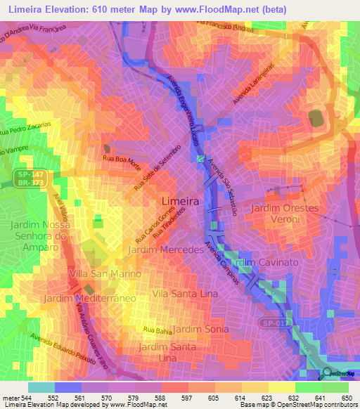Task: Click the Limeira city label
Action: pos(180,201)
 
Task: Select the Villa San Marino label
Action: pos(105,273)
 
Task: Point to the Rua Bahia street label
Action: pos(157,329)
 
